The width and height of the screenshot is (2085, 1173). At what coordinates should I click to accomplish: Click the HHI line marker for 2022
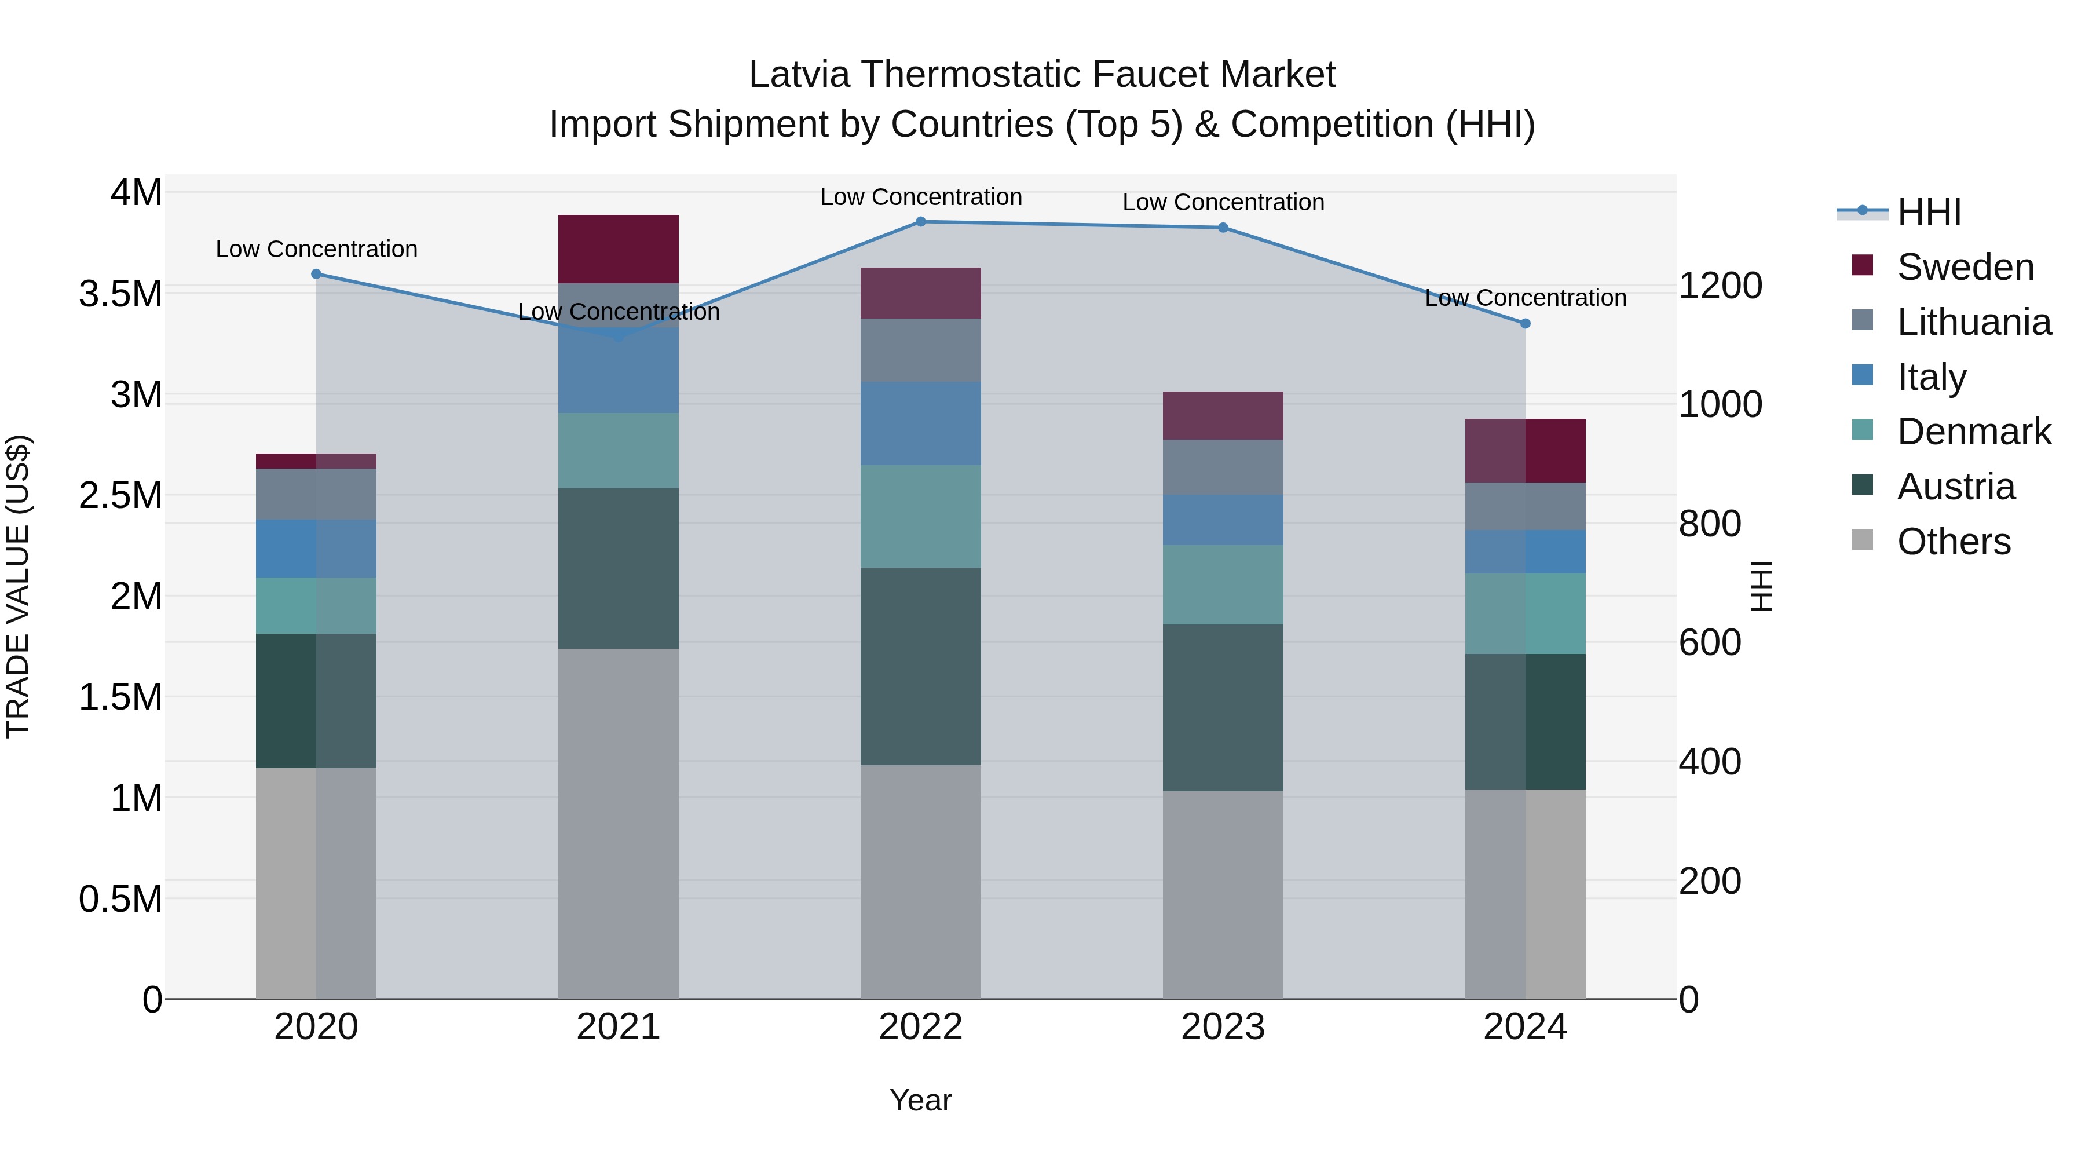coord(920,222)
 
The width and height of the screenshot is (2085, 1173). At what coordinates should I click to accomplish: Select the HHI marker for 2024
coord(1525,324)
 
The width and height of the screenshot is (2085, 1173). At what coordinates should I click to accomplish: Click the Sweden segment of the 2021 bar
coord(619,249)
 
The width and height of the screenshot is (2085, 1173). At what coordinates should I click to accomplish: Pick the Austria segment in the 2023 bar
coord(1223,707)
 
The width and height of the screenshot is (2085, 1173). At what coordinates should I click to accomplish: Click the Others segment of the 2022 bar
coord(920,882)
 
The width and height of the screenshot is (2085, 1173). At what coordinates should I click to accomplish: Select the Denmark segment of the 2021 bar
coord(619,451)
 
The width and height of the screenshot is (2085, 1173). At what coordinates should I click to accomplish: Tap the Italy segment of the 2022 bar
coord(920,423)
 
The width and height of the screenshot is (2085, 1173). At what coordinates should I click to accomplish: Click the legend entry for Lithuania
coord(1973,322)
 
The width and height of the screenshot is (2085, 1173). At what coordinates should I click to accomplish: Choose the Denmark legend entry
coord(1973,432)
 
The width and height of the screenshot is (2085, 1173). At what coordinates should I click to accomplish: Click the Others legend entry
coord(1953,542)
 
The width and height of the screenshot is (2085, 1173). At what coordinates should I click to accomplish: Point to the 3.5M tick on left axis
coord(120,294)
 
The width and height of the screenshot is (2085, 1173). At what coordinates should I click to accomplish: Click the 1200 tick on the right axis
coord(1720,286)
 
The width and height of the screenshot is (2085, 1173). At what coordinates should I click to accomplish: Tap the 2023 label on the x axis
coord(1223,1027)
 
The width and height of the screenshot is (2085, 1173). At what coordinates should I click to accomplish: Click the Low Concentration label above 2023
coord(1223,202)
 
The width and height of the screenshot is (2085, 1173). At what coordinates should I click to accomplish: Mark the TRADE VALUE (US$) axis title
coord(18,586)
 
